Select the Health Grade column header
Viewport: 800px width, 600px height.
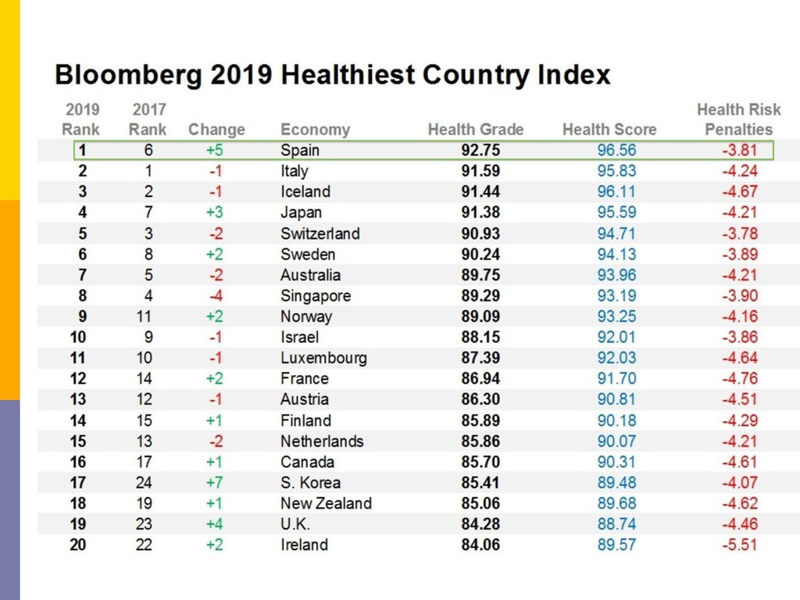pyautogui.click(x=476, y=130)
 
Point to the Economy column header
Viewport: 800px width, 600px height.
pyautogui.click(x=315, y=130)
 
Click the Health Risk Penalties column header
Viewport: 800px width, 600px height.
pyautogui.click(x=738, y=120)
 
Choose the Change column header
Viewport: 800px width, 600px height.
pyautogui.click(x=216, y=130)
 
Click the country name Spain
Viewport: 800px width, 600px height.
pyautogui.click(x=300, y=150)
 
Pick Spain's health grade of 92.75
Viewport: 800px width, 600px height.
pyautogui.click(x=480, y=150)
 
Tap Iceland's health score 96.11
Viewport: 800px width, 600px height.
pyautogui.click(x=616, y=191)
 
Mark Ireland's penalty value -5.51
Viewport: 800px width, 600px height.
pyautogui.click(x=739, y=545)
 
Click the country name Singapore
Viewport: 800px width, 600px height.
pyautogui.click(x=316, y=295)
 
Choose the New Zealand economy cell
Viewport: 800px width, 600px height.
pyautogui.click(x=326, y=503)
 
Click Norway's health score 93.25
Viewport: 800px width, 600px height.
pyautogui.click(x=616, y=316)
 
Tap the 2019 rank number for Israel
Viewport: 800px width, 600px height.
pyautogui.click(x=77, y=337)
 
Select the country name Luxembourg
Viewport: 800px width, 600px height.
pyautogui.click(x=323, y=358)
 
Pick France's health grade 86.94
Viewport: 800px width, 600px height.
pyautogui.click(x=480, y=378)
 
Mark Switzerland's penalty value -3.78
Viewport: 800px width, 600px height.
pyautogui.click(x=739, y=233)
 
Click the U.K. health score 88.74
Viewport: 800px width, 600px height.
pyautogui.click(x=616, y=523)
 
